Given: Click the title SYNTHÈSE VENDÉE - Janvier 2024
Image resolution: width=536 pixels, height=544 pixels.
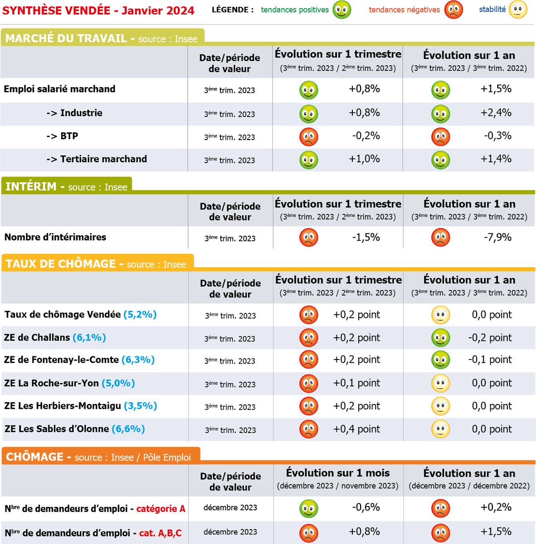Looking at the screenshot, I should point(98,10).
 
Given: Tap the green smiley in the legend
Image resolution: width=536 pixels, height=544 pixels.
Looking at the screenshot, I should point(342,10).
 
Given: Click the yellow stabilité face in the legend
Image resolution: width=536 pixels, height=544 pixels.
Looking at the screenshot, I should point(518,10).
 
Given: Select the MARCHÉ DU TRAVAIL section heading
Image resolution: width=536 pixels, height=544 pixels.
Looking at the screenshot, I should point(66,39).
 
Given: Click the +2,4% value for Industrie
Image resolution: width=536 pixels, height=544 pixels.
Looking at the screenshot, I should point(496,113).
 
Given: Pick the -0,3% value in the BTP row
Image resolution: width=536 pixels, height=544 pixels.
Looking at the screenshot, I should point(497,136).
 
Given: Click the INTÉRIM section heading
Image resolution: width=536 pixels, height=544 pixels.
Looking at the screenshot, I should point(31,186).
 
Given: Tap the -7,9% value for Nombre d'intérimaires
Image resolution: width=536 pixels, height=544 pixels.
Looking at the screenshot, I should point(497,237).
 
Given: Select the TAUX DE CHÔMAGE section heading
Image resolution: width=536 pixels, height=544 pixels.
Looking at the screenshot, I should point(61,264).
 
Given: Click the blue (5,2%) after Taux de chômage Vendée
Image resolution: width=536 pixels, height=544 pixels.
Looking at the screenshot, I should point(140,315).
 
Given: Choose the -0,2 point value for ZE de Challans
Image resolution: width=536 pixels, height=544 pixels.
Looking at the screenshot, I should point(490,338).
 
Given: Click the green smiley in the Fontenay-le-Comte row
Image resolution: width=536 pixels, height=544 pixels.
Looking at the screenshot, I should point(440,360).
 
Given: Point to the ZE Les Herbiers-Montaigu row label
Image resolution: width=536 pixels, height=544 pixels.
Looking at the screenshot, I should point(63,406).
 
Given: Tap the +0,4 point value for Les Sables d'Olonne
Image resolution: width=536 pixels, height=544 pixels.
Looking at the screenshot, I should point(356,429).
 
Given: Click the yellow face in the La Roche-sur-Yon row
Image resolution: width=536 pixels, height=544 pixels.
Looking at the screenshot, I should point(440,384).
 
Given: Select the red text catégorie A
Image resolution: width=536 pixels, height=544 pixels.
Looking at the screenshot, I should point(161,509).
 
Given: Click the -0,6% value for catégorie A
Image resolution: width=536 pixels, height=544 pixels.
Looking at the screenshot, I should point(366,507).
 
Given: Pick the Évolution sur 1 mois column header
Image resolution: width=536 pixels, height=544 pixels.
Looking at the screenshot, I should point(338,473).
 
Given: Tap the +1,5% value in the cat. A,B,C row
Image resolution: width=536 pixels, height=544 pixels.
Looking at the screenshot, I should point(496,532).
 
